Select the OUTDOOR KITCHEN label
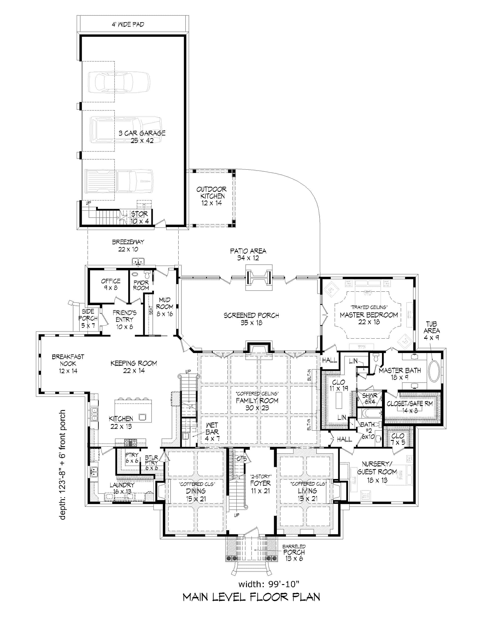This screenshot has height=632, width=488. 211,193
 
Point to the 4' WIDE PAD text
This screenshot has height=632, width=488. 128,25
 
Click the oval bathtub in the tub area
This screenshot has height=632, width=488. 434,371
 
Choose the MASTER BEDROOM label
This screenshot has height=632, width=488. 369,315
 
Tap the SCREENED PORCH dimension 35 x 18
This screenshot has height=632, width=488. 251,323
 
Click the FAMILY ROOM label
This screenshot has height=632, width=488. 257,401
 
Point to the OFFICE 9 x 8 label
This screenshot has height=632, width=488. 110,284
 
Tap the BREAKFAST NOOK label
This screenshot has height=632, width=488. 68,360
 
